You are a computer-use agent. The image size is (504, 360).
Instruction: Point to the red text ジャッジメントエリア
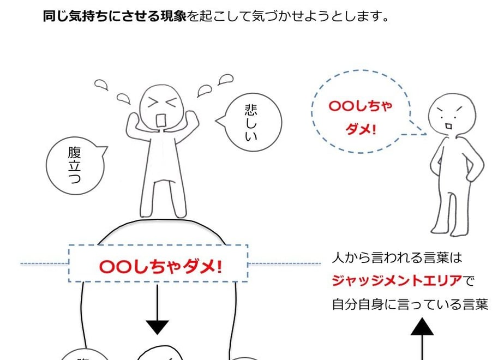click(397, 281)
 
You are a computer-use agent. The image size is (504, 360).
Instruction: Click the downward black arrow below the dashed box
click(157, 309)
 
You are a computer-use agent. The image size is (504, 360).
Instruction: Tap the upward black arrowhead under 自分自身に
click(422, 327)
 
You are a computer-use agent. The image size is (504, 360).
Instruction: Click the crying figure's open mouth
click(161, 120)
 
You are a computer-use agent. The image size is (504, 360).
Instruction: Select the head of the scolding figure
click(452, 115)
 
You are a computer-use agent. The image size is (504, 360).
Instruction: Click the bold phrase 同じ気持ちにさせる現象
click(115, 16)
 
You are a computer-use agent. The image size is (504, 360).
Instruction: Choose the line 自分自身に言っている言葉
click(410, 304)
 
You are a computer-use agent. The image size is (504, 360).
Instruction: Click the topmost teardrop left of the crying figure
click(101, 85)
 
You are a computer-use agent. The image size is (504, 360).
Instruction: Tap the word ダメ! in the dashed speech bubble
click(361, 129)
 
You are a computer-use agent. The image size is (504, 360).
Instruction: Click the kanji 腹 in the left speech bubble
click(74, 152)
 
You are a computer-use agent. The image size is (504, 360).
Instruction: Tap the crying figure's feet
click(163, 213)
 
